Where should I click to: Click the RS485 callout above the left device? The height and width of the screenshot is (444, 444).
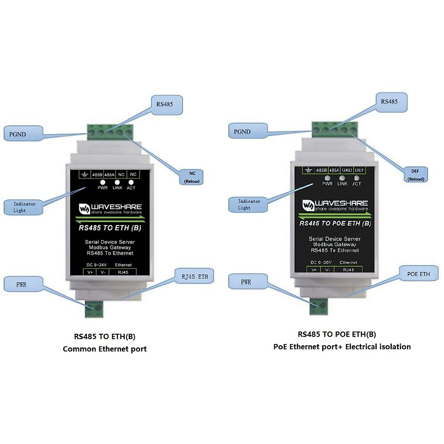pos(166,104)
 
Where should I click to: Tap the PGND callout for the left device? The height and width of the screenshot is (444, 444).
pos(23,134)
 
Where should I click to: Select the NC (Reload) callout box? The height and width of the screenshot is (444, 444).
pos(192,177)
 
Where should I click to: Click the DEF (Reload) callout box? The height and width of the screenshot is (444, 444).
pos(415,175)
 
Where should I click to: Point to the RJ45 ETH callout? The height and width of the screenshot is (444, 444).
pos(195,276)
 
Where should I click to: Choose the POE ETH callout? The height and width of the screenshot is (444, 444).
pos(418,274)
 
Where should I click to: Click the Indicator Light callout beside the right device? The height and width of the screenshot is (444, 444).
pos(248,204)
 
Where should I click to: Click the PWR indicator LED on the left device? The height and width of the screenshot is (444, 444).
pos(102,182)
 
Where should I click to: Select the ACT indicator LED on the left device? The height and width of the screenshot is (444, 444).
pos(131,182)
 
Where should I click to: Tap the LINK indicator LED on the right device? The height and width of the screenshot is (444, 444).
pos(342,178)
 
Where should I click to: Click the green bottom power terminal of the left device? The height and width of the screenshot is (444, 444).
pos(94,308)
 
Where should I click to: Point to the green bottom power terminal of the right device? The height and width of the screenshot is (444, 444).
pos(319,306)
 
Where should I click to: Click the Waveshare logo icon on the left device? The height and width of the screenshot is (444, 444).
pos(84,209)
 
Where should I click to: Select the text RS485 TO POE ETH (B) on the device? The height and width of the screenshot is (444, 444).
pos(335,223)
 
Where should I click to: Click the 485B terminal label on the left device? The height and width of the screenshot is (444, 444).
pos(97,175)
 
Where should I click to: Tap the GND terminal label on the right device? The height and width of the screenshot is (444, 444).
pos(347,170)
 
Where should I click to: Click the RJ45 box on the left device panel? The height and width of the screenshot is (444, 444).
pos(123,272)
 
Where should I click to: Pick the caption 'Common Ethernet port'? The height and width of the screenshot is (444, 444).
pos(105,349)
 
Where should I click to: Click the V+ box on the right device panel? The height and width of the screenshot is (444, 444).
pos(314,270)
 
